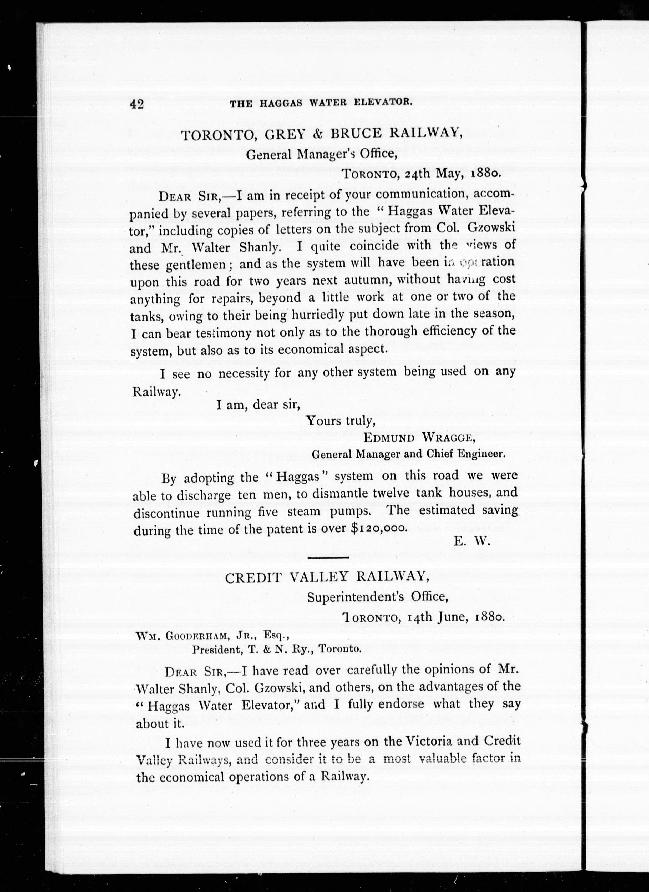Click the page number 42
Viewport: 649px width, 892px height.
point(136,104)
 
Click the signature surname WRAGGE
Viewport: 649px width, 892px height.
point(448,437)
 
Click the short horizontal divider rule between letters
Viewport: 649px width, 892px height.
point(328,558)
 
